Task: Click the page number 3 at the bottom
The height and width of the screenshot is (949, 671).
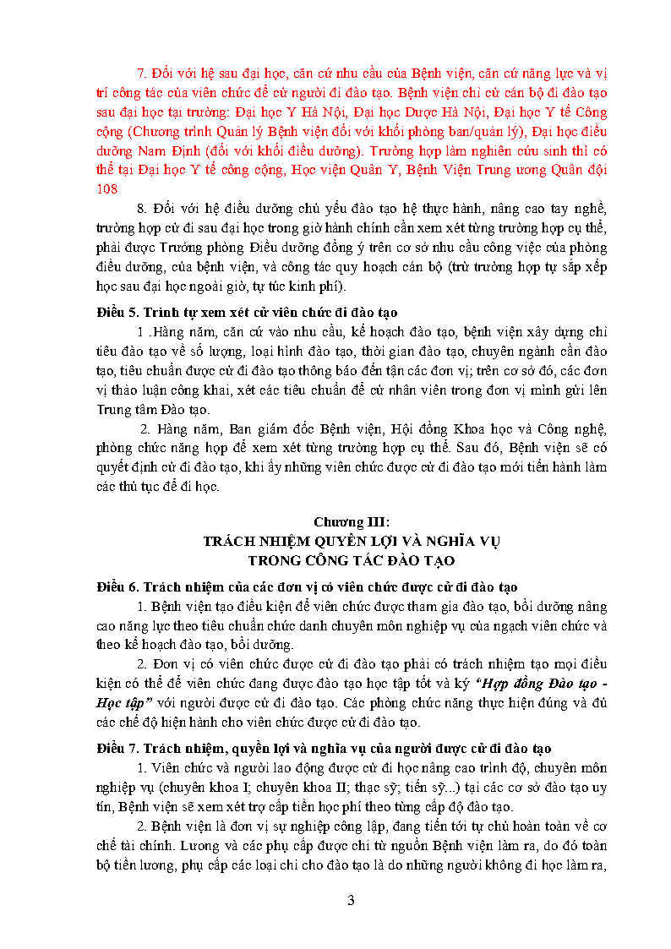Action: [351, 900]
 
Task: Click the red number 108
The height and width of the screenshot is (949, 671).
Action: [107, 189]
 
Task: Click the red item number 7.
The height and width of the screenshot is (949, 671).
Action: [141, 73]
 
